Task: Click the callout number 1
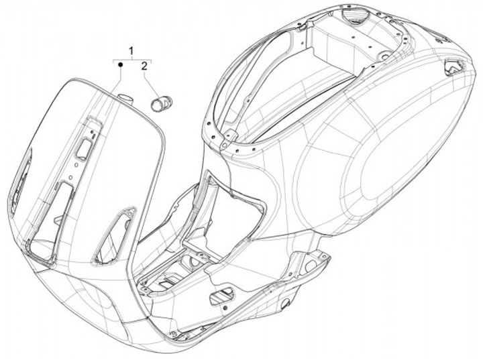point(131,51)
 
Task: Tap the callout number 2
point(144,66)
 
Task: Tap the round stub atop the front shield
point(125,99)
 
